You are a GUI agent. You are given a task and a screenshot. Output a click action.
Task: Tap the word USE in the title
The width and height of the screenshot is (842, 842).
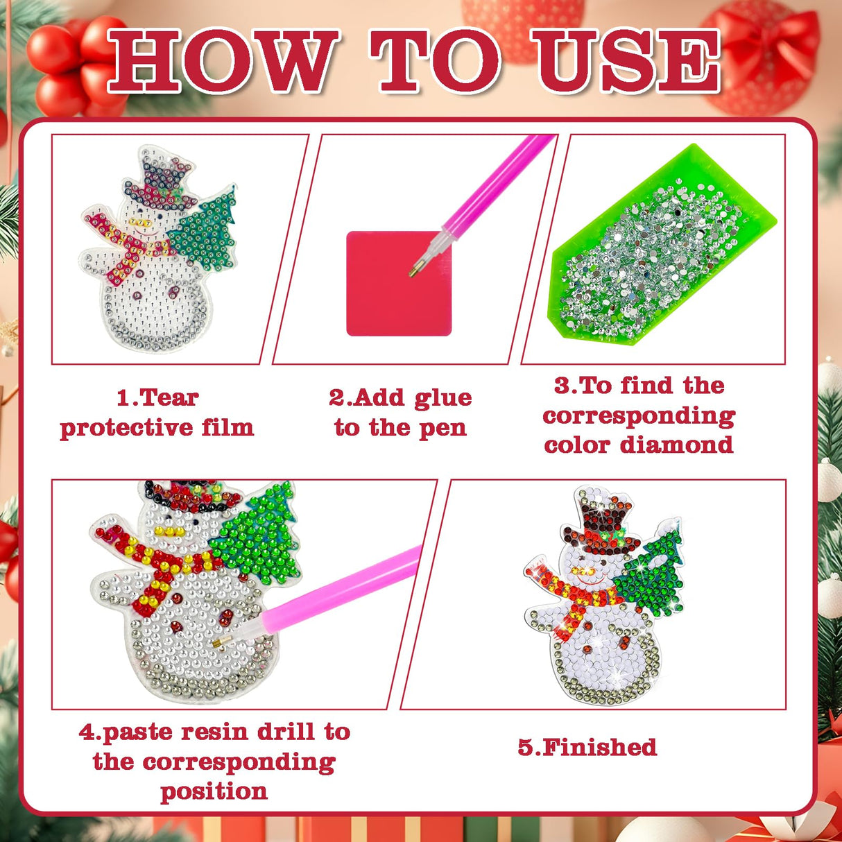(x=627, y=61)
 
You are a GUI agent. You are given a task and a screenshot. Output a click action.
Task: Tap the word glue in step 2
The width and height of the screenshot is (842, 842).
(x=443, y=397)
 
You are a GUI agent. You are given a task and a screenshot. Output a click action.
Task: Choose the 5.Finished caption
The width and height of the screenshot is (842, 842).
(x=587, y=747)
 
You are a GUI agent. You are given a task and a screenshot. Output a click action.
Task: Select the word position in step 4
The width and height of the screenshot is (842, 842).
(x=214, y=791)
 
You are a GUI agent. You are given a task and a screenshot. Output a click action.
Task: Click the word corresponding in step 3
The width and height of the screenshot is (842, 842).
(x=638, y=415)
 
